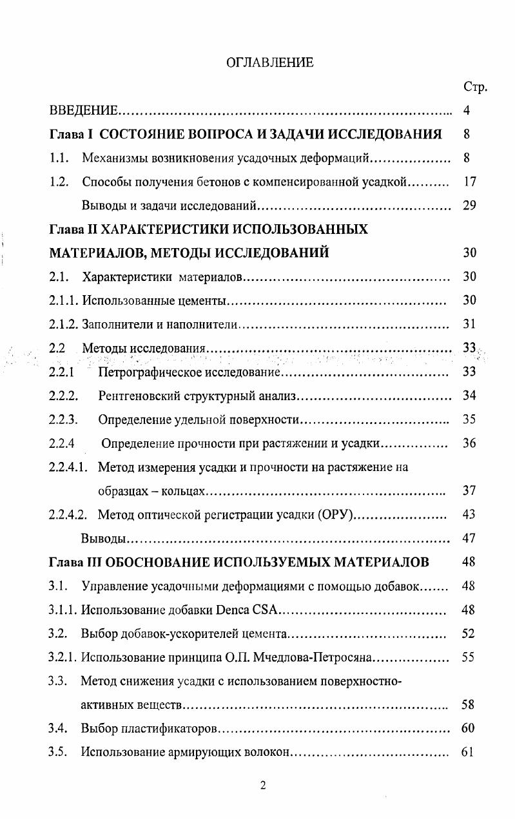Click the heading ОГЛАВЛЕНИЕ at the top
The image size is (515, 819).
pyautogui.click(x=269, y=63)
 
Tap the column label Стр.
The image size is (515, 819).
pyautogui.click(x=474, y=87)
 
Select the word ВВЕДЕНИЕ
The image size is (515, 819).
pyautogui.click(x=83, y=111)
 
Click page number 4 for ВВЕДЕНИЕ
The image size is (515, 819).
pyautogui.click(x=467, y=111)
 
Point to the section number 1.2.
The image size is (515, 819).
pyautogui.click(x=59, y=182)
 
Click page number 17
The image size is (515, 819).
pyautogui.click(x=469, y=182)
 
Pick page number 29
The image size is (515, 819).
pyautogui.click(x=469, y=206)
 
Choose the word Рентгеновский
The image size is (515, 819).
pyautogui.click(x=137, y=396)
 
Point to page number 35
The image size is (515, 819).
pyautogui.click(x=469, y=420)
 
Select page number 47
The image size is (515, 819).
pyautogui.click(x=469, y=538)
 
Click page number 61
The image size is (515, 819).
pyautogui.click(x=469, y=752)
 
